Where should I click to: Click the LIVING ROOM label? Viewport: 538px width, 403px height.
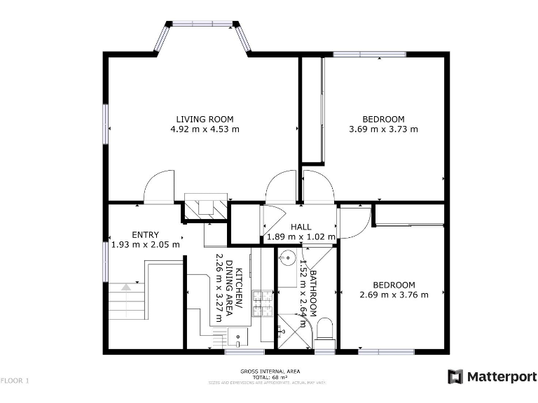coord(205,119)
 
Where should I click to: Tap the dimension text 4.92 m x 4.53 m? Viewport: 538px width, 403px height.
coord(205,129)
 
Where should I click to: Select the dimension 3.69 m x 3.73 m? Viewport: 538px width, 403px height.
coord(383,129)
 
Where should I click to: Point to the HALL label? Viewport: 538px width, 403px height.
coord(301,227)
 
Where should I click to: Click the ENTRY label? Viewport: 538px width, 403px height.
coord(145,234)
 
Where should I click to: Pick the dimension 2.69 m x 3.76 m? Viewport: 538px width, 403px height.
coord(393,295)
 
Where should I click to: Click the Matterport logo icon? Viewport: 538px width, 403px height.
coord(455,376)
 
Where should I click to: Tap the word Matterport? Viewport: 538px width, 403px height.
coord(499,376)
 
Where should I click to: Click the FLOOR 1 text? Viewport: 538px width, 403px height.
coord(15,381)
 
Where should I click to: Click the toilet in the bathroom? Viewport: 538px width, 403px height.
coord(326,331)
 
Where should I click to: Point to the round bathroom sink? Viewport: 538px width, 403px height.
coord(286,258)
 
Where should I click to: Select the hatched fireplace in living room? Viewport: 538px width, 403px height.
coord(205,206)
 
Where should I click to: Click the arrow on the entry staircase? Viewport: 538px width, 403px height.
coord(125,286)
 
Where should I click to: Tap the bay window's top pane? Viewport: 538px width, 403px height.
coord(203,24)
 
